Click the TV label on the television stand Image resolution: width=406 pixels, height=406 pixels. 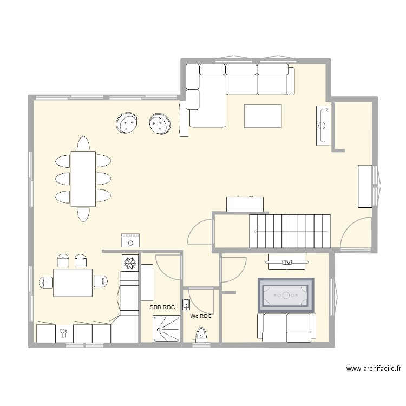pyautogui.click(x=287, y=263)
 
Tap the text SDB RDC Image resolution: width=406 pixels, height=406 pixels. pyautogui.click(x=163, y=307)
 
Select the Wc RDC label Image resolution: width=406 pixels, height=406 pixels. pyautogui.click(x=201, y=316)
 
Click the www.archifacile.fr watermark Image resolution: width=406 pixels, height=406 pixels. pyautogui.click(x=374, y=369)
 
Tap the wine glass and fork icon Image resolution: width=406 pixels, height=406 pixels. pyautogui.click(x=63, y=332)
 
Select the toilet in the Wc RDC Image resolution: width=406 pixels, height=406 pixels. pyautogui.click(x=201, y=336)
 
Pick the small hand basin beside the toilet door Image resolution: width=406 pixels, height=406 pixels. pyautogui.click(x=186, y=306)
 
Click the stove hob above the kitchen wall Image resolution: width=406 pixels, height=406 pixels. pyautogui.click(x=130, y=240)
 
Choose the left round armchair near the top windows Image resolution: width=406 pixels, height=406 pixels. pyautogui.click(x=128, y=124)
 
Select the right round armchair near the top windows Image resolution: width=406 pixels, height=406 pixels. pyautogui.click(x=160, y=123)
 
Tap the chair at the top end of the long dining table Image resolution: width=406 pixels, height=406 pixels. pyautogui.click(x=83, y=143)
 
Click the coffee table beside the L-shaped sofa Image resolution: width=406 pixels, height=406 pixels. pyautogui.click(x=263, y=116)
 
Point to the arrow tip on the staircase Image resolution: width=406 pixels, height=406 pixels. pyautogui.click(x=254, y=230)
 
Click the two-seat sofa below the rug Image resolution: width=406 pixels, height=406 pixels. pyautogui.click(x=287, y=328)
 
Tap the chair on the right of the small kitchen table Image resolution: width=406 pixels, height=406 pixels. pyautogui.click(x=100, y=281)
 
